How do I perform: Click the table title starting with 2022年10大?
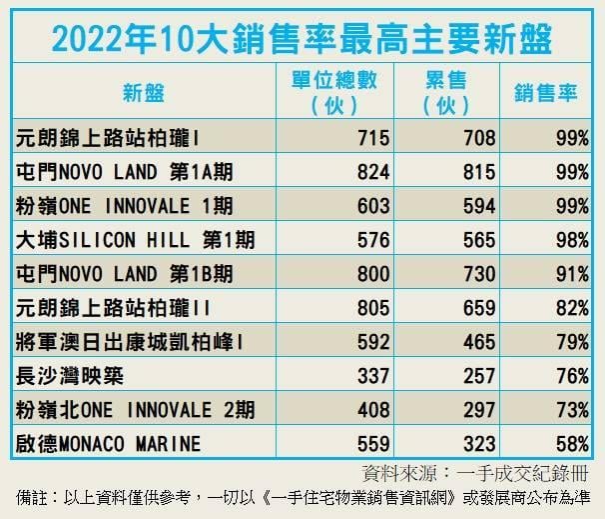coord(302,36)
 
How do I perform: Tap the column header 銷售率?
coord(547,93)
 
